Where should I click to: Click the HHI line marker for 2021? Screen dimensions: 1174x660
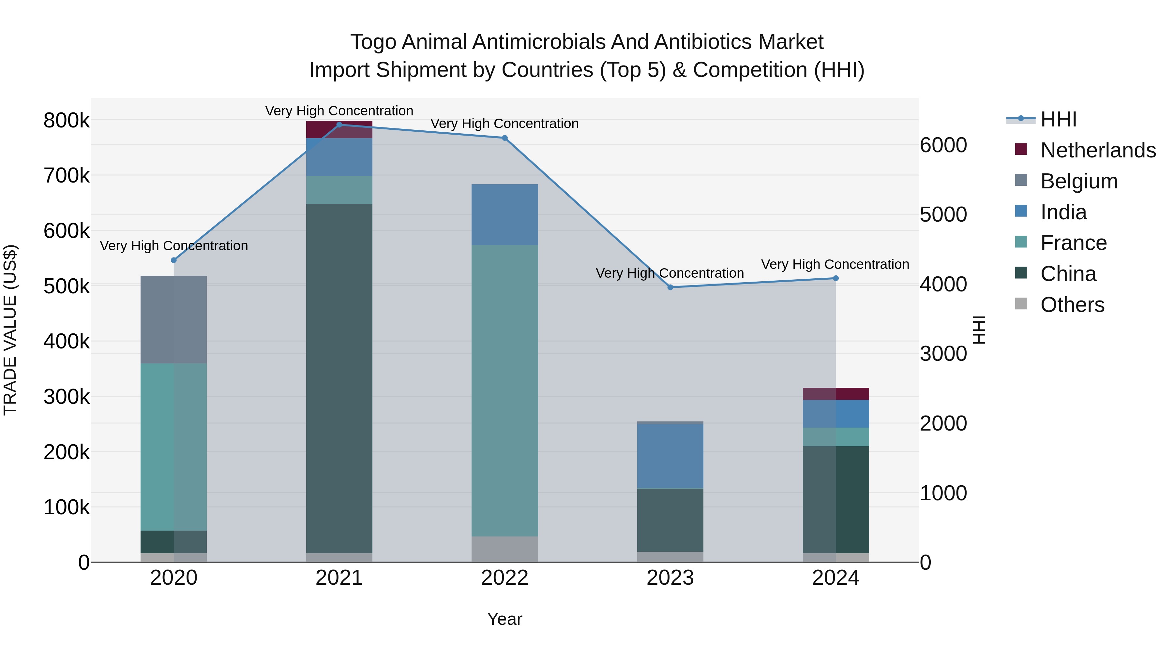coord(339,125)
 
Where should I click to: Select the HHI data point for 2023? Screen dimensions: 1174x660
coord(670,287)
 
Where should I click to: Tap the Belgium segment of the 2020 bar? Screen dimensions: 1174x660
coord(173,320)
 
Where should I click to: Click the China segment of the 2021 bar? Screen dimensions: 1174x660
coord(339,378)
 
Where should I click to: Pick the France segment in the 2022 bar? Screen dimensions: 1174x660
coord(504,390)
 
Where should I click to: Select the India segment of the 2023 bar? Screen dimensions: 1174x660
coord(670,456)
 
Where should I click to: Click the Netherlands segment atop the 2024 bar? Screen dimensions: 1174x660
coord(835,393)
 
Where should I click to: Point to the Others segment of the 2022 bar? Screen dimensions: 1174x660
coord(504,549)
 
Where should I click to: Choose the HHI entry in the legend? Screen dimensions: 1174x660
coord(1058,119)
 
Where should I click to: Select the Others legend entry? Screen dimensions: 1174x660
coord(1072,305)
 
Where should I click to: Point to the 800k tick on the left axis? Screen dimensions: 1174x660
coord(67,121)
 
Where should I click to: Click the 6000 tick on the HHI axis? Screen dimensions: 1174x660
coord(943,145)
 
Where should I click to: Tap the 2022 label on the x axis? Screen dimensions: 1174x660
coord(504,578)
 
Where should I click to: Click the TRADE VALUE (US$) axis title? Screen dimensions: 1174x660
coord(10,330)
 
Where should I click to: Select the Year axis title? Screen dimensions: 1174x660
coord(504,619)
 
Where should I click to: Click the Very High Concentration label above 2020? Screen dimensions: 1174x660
coord(173,246)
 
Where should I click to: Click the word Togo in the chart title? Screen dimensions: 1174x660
coord(374,42)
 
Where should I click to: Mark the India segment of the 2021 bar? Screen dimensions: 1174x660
coord(339,157)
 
